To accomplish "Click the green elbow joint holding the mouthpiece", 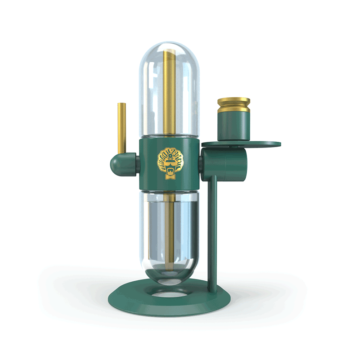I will pyautogui.click(x=122, y=164).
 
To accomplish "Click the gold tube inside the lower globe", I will pyautogui.click(x=169, y=229).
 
